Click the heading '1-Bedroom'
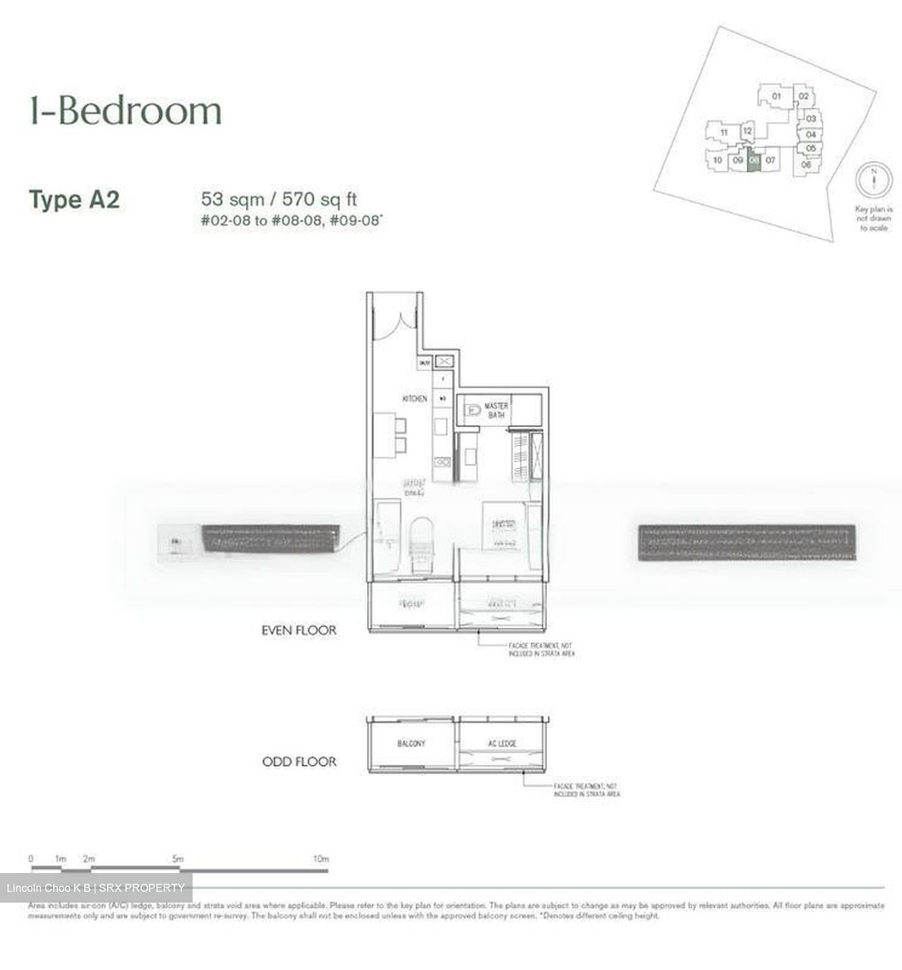(x=125, y=111)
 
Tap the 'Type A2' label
(x=74, y=200)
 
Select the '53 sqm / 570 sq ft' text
(x=278, y=199)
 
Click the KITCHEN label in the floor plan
(x=414, y=399)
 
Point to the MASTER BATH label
(x=496, y=410)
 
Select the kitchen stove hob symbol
(x=443, y=462)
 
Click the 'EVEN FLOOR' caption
(x=298, y=630)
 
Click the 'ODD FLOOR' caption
(x=298, y=762)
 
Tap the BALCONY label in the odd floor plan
(x=411, y=744)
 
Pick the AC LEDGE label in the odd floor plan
(x=502, y=744)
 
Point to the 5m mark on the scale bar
(x=177, y=859)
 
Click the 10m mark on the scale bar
(x=321, y=859)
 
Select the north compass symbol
(x=873, y=180)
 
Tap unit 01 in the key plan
(x=776, y=96)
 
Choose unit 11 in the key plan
(x=723, y=133)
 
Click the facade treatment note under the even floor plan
(x=541, y=649)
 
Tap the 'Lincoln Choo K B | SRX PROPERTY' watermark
(x=96, y=888)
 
